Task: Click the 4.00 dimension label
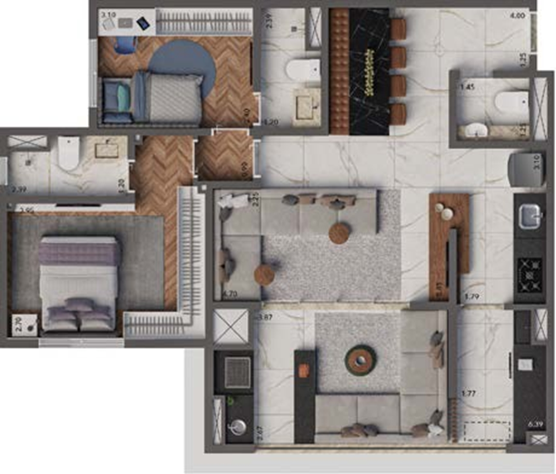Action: tap(518, 15)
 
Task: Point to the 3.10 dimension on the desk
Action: tap(108, 15)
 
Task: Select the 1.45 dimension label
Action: tap(467, 87)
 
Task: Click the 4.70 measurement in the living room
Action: tap(230, 294)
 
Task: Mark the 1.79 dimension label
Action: tap(471, 297)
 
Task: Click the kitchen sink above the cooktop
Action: tap(529, 218)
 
